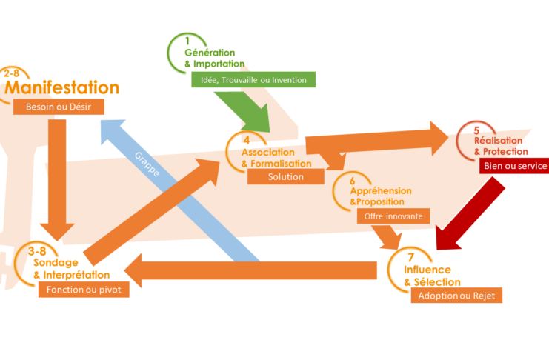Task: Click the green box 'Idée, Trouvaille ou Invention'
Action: click(254, 79)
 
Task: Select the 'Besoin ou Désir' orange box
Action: click(59, 107)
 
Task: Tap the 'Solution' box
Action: click(286, 176)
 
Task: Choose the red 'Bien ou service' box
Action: click(514, 166)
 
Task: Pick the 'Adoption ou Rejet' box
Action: click(456, 296)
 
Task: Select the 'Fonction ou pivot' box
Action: click(84, 290)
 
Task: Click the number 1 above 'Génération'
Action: click(187, 40)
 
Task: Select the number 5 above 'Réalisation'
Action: click(477, 130)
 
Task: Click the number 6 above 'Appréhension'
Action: click(353, 180)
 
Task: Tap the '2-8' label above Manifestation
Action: click(12, 73)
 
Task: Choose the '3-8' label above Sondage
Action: click(38, 252)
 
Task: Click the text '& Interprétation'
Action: click(72, 275)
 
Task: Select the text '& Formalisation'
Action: click(276, 163)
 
